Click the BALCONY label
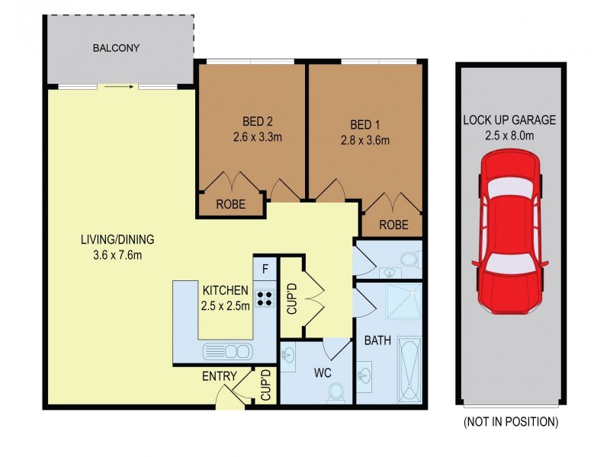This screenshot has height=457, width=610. point(116,48)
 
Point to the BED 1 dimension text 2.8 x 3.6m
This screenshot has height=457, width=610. point(364,140)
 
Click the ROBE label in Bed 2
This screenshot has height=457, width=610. point(230,204)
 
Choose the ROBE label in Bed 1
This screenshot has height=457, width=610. point(393,225)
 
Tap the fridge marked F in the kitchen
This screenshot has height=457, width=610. point(265,268)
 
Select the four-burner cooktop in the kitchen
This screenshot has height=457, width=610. point(265,298)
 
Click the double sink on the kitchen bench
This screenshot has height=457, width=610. point(226,351)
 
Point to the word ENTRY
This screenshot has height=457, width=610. point(218,376)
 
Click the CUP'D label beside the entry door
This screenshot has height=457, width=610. point(265,386)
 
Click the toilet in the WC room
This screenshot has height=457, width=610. point(336,392)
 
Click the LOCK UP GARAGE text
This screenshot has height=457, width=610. point(509,120)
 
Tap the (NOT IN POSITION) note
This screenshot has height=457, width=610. point(510,421)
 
